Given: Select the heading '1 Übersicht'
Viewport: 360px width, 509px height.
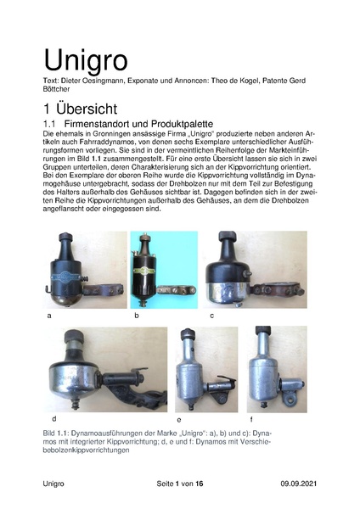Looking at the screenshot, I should point(88,109).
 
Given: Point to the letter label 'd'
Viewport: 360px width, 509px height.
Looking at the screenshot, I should point(53,418).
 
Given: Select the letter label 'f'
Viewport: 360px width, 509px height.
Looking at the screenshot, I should point(250,420).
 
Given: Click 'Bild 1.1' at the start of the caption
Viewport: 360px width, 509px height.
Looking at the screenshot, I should point(59,433).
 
